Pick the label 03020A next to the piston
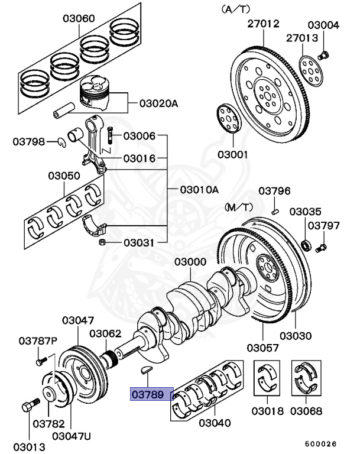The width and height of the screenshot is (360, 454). click(158, 103)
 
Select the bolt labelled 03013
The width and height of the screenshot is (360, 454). click(27, 407)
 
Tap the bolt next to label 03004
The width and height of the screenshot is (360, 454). click(323, 56)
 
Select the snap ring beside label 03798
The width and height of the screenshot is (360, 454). click(61, 141)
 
